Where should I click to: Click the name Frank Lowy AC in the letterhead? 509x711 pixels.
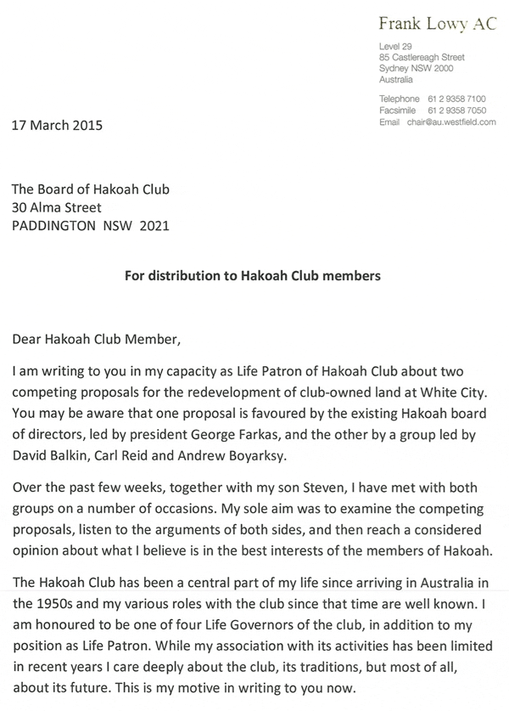click(x=437, y=24)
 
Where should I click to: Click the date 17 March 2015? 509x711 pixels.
click(x=57, y=126)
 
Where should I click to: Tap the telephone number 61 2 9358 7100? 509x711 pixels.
click(x=457, y=99)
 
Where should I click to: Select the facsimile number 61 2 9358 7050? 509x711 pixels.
click(x=457, y=111)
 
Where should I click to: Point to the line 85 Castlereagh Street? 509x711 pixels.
click(x=422, y=57)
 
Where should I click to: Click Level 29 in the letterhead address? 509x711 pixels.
click(x=395, y=46)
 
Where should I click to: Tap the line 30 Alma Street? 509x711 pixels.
click(x=57, y=207)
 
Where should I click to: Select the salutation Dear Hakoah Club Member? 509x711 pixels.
click(x=97, y=341)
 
